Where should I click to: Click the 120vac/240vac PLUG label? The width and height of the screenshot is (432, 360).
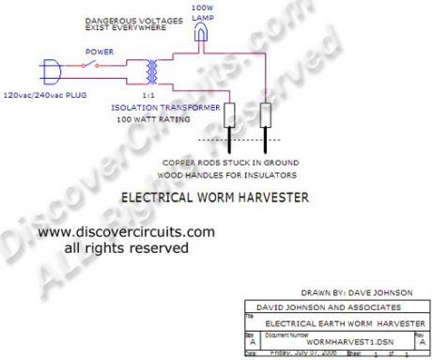(46, 95)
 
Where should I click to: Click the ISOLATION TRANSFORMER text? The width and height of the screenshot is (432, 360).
(169, 108)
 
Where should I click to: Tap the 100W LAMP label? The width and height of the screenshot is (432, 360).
(201, 10)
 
